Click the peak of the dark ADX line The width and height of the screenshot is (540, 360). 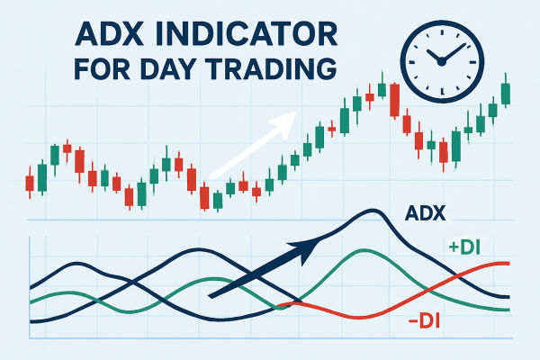(x=369, y=211)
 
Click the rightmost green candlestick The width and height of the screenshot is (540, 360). (x=505, y=93)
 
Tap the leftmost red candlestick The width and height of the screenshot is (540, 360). (x=29, y=183)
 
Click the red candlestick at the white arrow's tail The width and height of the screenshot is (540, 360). (x=204, y=196)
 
